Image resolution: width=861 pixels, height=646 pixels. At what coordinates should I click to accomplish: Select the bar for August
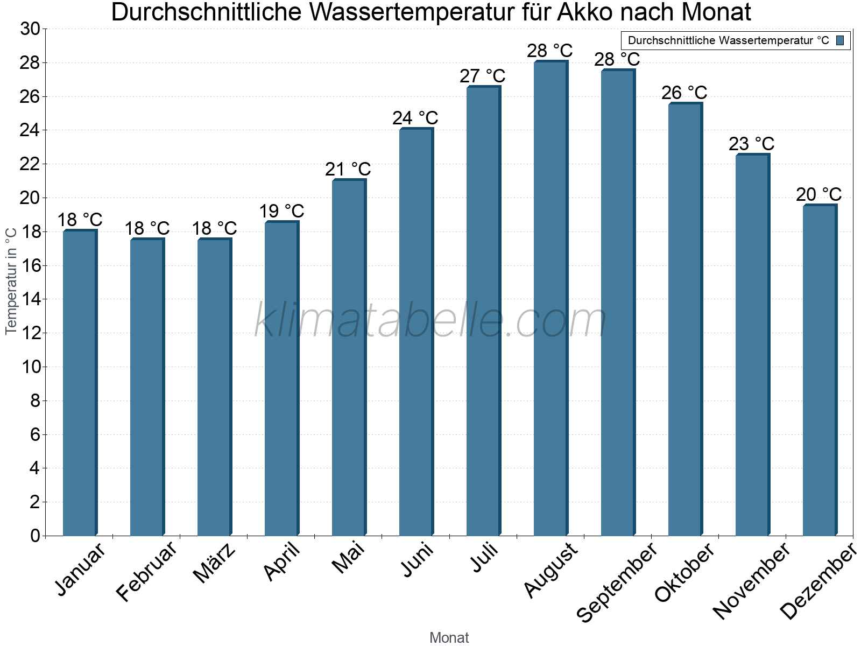click(x=551, y=299)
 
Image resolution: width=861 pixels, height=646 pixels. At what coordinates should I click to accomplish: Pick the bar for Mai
click(x=349, y=358)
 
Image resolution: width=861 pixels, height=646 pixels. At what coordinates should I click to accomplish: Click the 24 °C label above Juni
click(x=415, y=118)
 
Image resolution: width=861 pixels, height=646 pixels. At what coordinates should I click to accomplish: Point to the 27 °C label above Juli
click(x=482, y=76)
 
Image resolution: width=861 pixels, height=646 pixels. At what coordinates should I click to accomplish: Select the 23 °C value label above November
click(x=751, y=144)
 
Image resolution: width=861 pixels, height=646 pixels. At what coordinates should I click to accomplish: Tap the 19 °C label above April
click(x=281, y=211)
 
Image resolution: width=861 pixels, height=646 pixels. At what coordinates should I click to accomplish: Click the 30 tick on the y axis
click(x=30, y=29)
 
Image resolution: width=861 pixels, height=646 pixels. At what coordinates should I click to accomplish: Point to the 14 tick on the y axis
click(x=30, y=299)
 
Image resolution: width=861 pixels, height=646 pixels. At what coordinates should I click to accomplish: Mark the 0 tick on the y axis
click(x=36, y=536)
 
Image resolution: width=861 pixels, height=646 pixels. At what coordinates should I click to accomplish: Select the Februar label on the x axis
click(x=146, y=572)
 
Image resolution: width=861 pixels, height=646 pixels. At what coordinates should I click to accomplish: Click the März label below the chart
click(x=214, y=563)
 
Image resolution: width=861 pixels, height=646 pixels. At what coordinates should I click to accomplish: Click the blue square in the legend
click(x=840, y=40)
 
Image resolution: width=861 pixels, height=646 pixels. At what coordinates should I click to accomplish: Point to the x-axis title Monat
click(x=449, y=637)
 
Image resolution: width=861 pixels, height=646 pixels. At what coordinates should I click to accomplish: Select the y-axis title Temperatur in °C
click(x=11, y=281)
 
